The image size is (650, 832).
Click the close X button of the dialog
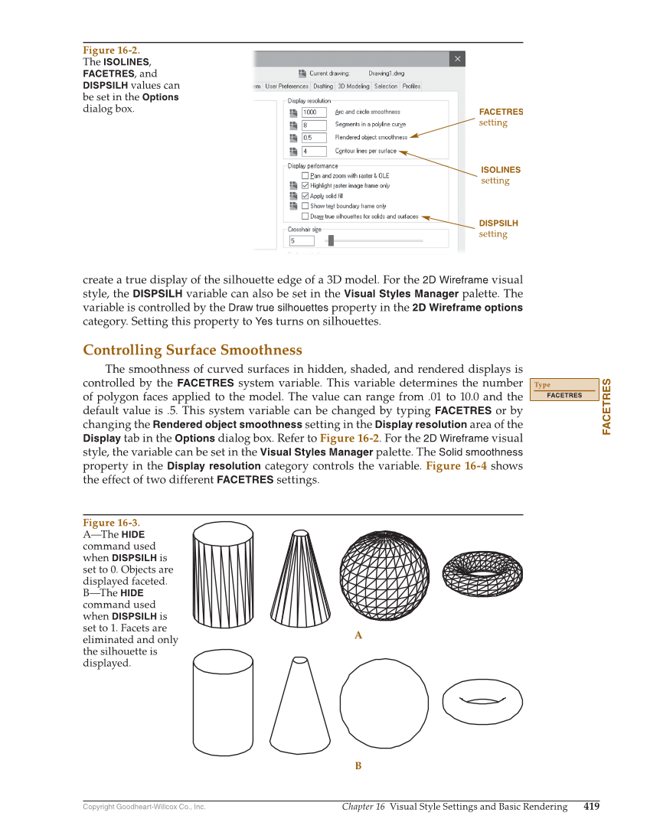457,59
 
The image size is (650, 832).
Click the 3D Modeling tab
354,86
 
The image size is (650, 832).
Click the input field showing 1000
315,113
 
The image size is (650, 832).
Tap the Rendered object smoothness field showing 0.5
315,138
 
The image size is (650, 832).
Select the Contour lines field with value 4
315,152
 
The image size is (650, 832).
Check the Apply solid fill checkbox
305,196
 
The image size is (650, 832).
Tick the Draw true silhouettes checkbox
305,217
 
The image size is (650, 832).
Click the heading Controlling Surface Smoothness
192,351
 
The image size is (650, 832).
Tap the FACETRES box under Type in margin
564,396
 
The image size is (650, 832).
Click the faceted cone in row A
300,576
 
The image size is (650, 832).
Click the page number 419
591,807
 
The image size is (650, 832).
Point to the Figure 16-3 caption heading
111,523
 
